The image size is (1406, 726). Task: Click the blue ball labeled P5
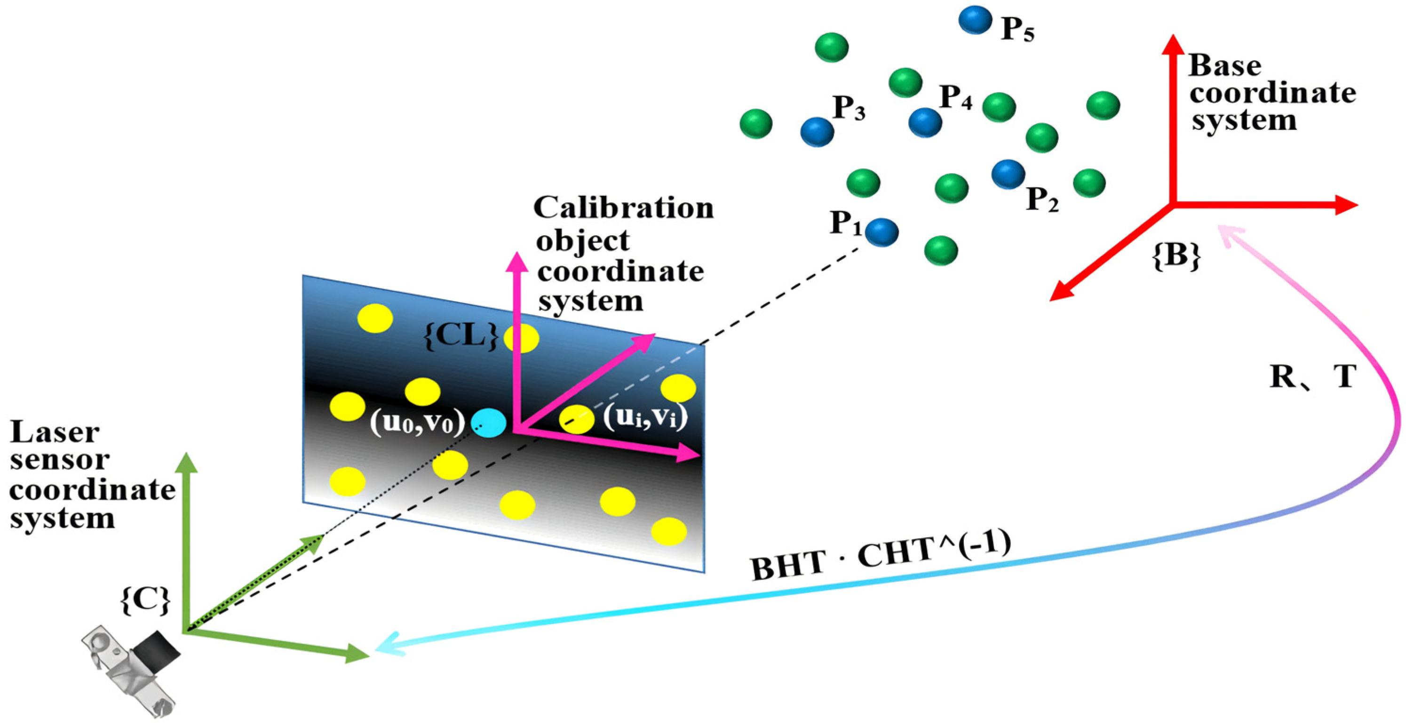[x=975, y=20]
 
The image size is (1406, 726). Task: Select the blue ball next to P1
[x=882, y=232]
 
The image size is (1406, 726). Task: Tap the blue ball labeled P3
[x=817, y=132]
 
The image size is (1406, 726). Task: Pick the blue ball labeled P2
[x=1008, y=174]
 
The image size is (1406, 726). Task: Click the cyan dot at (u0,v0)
[x=488, y=423]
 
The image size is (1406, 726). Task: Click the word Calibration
[x=623, y=208]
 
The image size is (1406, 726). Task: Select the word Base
[x=1225, y=65]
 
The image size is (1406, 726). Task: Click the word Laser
[x=55, y=433]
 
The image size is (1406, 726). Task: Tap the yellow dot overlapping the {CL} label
[x=521, y=338]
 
